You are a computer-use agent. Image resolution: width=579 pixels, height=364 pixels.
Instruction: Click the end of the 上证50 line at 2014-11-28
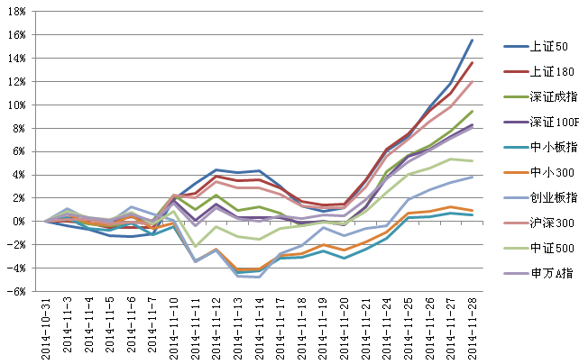(473, 40)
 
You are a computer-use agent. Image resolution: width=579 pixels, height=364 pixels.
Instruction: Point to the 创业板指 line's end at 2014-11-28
(473, 177)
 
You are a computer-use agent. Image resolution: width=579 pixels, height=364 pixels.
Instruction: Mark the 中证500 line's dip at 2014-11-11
(195, 246)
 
